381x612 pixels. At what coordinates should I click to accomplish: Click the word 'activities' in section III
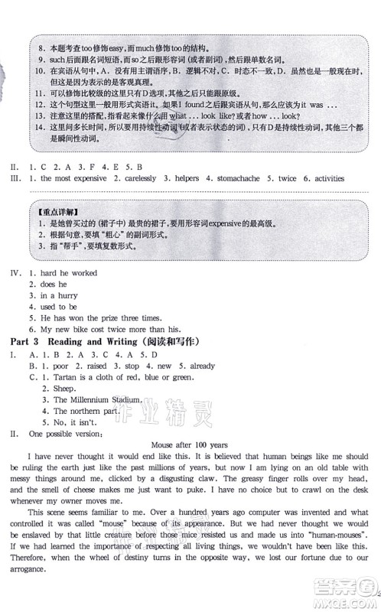(324, 178)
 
